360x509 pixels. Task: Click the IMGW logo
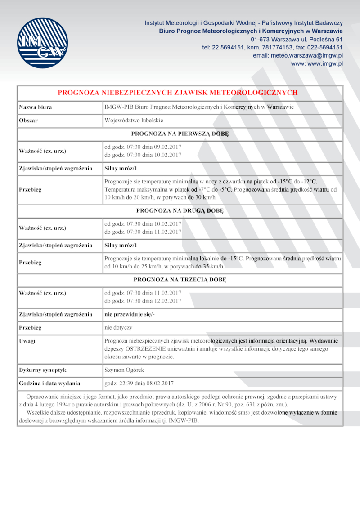coord(43,43)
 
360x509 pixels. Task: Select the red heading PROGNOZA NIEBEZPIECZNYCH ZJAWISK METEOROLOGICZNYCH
coord(178,93)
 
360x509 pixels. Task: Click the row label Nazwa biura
coord(36,107)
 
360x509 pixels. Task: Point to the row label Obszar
coord(28,121)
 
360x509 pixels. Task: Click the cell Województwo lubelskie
coord(134,121)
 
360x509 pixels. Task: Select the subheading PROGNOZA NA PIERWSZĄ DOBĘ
coord(180,134)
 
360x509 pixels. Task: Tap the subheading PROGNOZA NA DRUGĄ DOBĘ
coord(180,210)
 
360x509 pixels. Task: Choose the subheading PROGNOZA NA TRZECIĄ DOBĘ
coord(180,280)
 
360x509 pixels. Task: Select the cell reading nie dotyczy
coord(118,327)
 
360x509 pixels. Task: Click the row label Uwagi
coord(27,341)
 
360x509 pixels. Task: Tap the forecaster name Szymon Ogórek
coord(125,370)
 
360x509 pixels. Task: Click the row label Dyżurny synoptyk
coord(43,370)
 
